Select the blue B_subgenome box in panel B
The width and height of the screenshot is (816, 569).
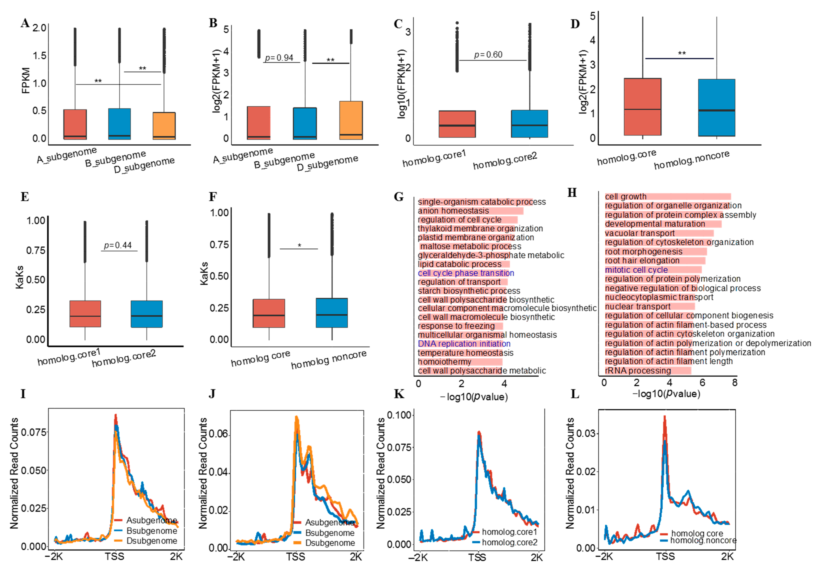[305, 123]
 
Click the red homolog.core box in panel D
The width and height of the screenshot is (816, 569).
[642, 107]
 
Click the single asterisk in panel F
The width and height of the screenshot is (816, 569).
[299, 245]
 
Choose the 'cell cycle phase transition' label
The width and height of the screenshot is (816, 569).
[465, 273]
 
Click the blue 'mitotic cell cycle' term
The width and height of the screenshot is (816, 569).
[636, 270]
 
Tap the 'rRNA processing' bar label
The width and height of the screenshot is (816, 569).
[638, 371]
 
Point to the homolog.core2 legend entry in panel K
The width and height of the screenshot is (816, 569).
[509, 542]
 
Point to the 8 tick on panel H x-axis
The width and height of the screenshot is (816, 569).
[735, 383]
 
